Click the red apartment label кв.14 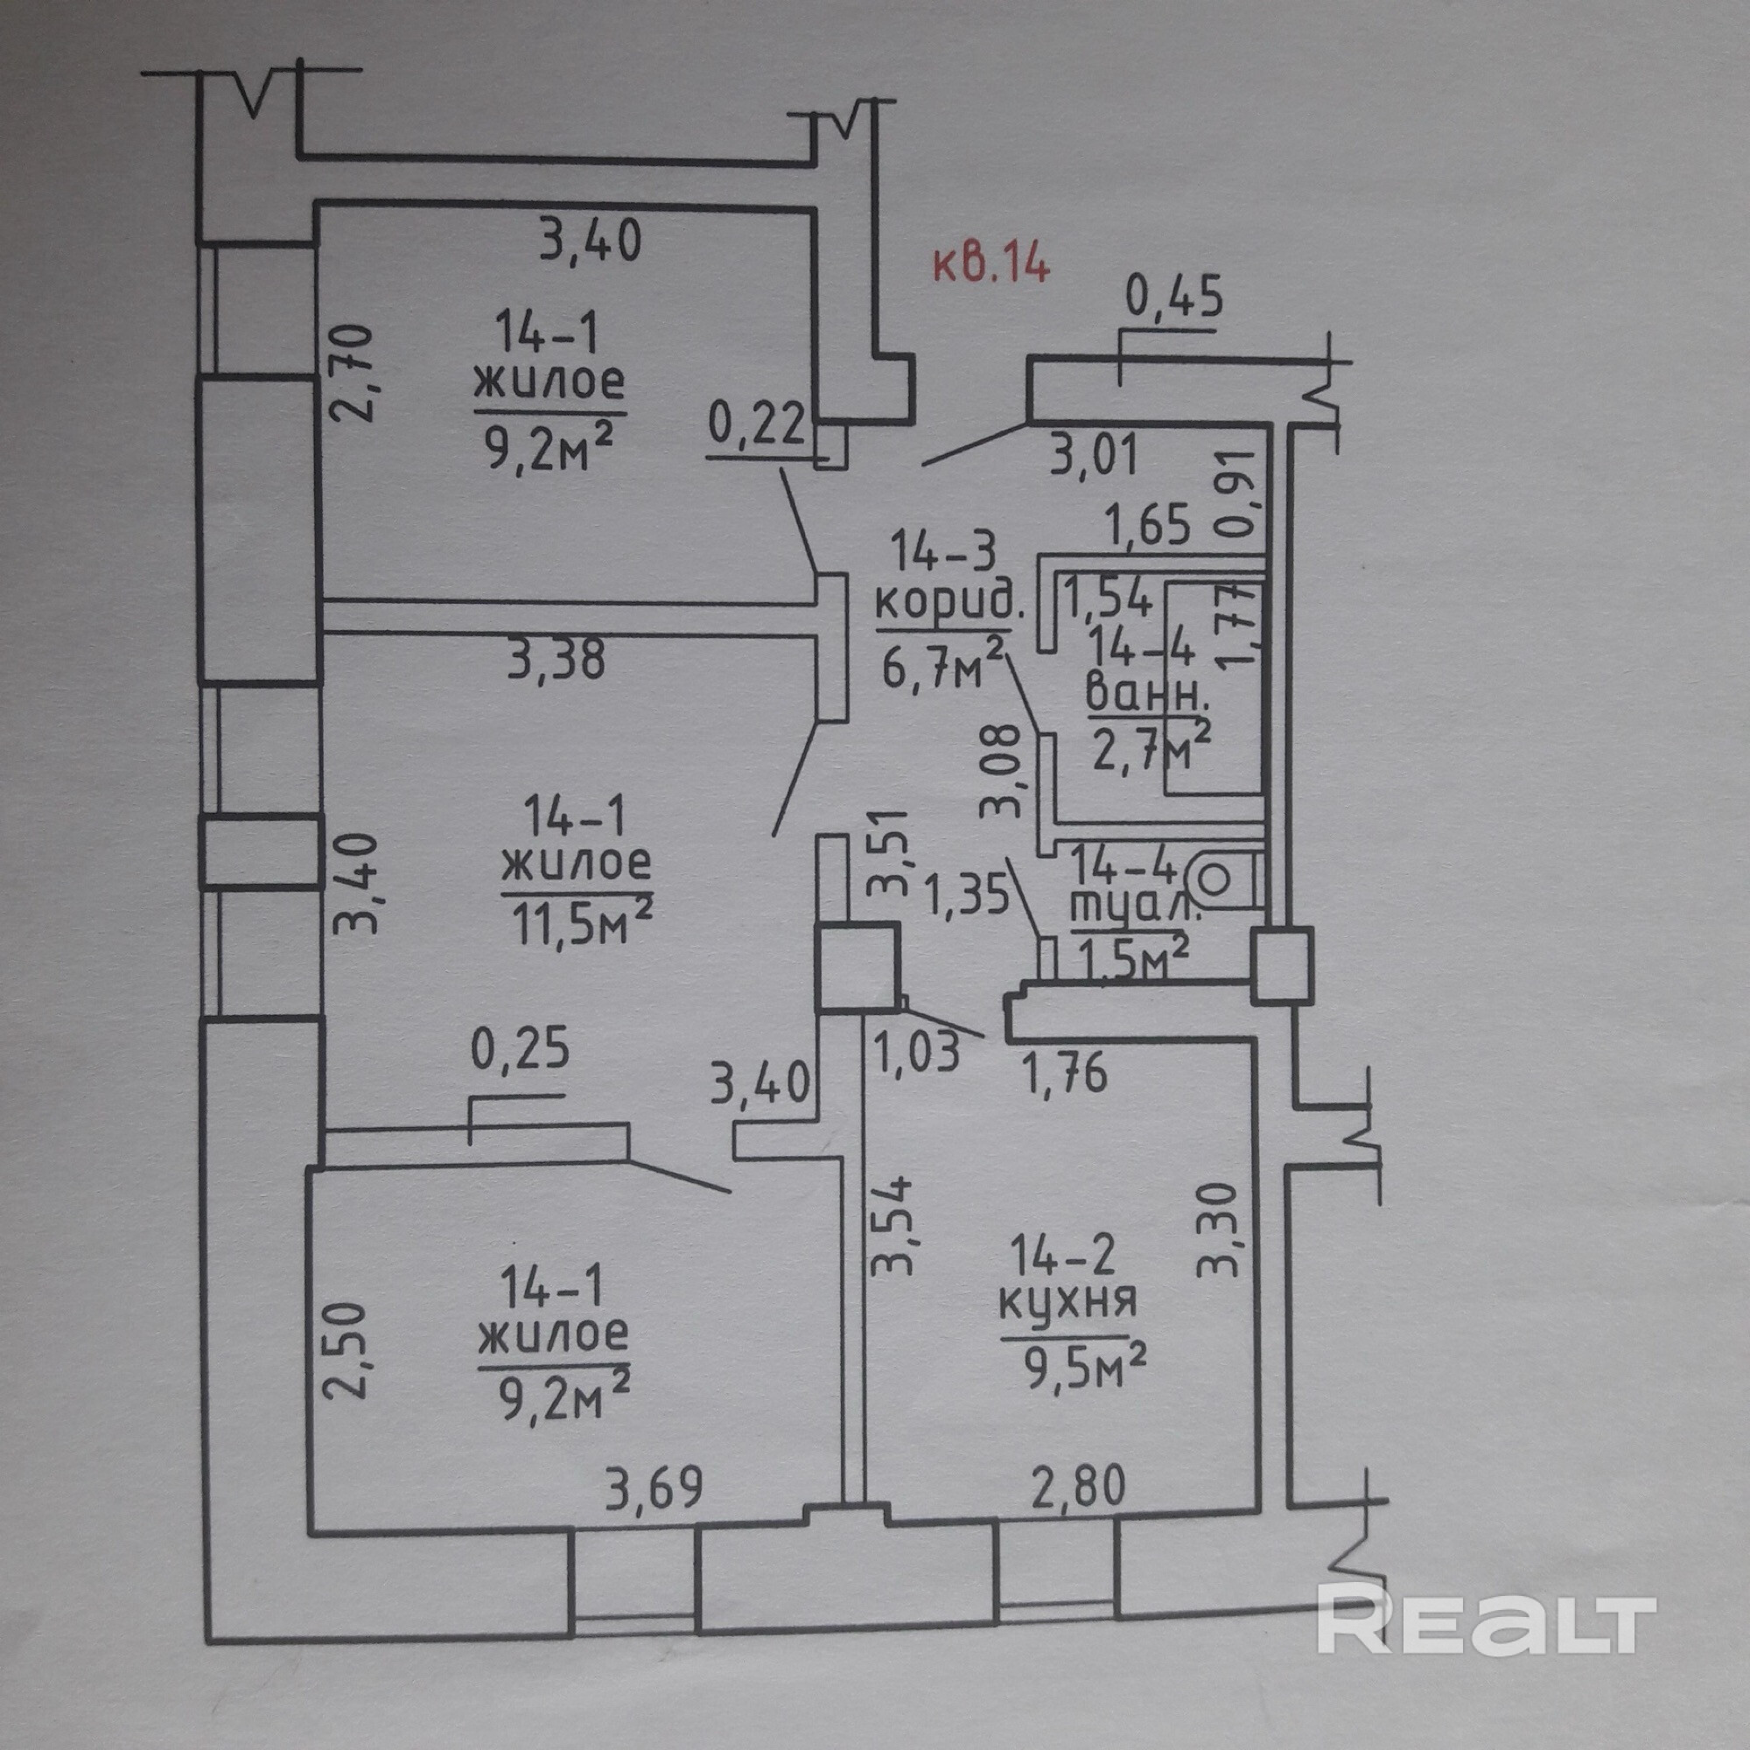992,265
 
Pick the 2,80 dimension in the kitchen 1077,1487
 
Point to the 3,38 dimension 556,659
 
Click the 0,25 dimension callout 520,1049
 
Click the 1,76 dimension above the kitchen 1065,1074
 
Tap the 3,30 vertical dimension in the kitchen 1216,1229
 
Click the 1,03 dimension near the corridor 918,1053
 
